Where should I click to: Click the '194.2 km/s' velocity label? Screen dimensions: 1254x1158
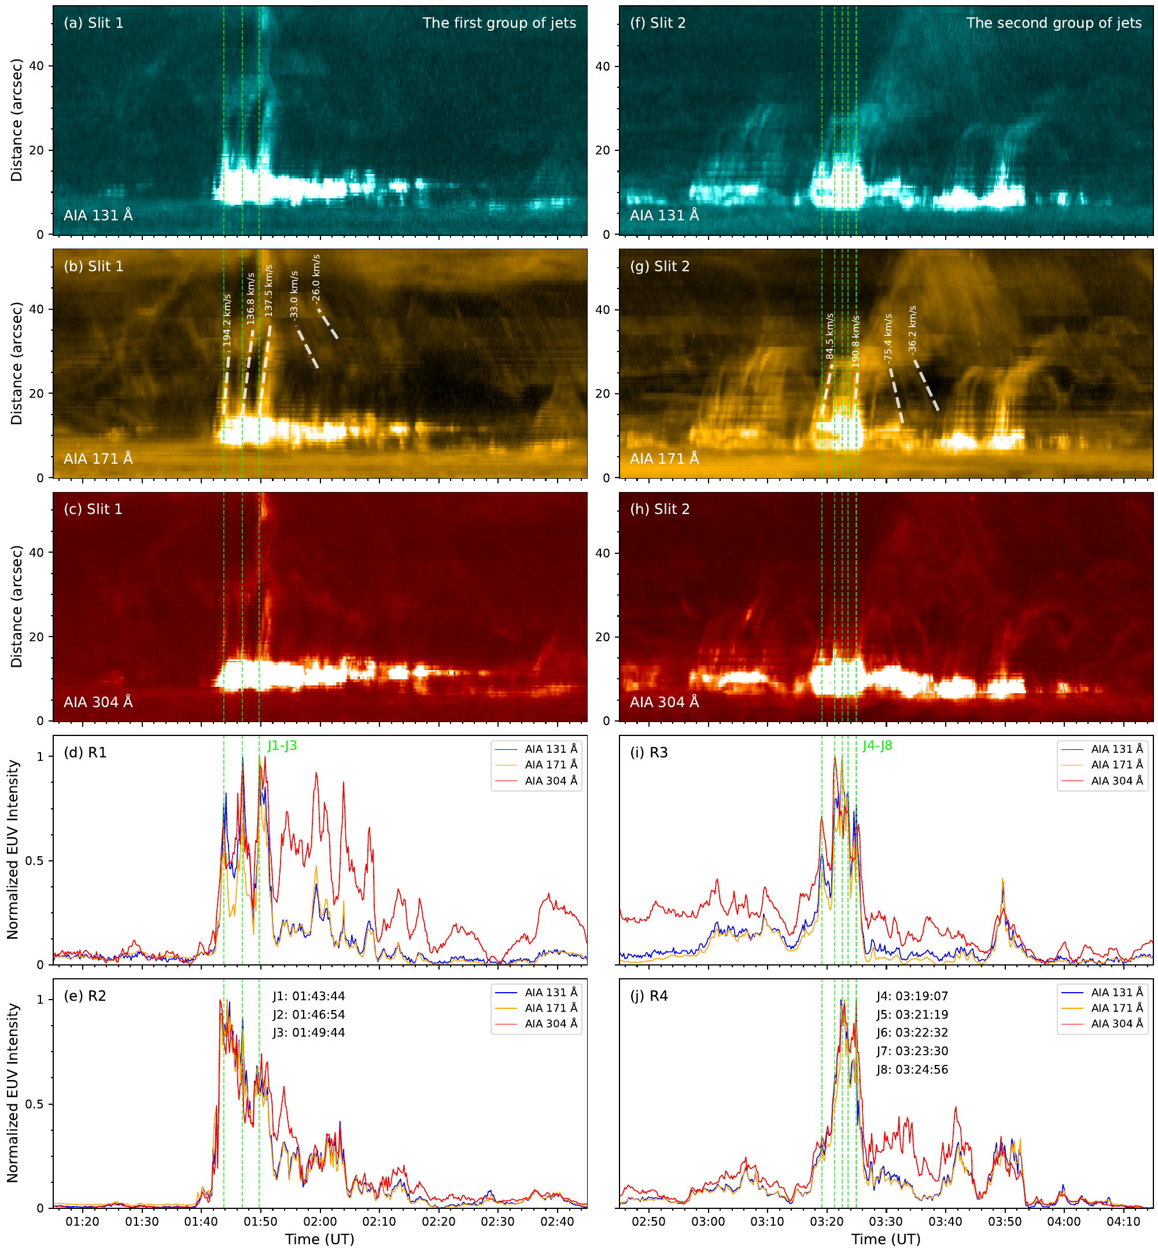[x=227, y=320]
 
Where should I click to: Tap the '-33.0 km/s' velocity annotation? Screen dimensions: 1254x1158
[x=294, y=295]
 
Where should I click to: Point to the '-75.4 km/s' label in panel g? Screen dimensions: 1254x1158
[x=888, y=338]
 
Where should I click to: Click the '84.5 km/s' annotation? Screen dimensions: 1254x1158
[x=829, y=336]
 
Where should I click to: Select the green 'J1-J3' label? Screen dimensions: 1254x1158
[x=282, y=745]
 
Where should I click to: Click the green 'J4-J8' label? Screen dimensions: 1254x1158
[x=877, y=745]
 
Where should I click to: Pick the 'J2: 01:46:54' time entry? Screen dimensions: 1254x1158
[x=308, y=1014]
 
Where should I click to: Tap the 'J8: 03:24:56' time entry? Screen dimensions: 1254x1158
[x=912, y=1069]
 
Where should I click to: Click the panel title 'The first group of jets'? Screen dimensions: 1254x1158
[x=499, y=23]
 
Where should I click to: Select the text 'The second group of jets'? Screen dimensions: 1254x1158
[x=1053, y=23]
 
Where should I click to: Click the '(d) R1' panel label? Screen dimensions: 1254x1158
[x=85, y=752]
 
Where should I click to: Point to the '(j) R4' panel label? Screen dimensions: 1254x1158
[x=648, y=996]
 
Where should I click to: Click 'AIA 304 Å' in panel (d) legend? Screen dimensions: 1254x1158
[x=551, y=780]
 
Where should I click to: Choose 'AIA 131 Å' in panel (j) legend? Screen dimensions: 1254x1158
[x=1116, y=992]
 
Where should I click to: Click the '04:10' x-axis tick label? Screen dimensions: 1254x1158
[x=1123, y=1222]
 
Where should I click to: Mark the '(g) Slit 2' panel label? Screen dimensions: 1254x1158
[x=659, y=266]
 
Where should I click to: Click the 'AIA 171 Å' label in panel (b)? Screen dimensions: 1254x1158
[x=98, y=458]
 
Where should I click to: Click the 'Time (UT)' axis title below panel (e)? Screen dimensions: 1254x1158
[x=319, y=1239]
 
